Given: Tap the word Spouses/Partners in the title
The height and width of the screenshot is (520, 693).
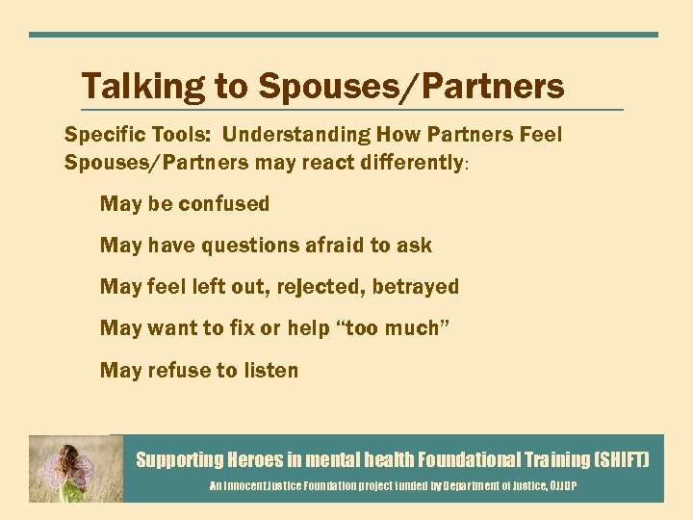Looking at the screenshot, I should point(410,88).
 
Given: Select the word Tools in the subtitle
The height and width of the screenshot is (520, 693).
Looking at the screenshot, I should point(178,135).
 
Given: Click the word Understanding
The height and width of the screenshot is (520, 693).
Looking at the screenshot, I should point(297,135).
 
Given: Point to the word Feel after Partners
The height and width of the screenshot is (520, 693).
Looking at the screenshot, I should point(539,135).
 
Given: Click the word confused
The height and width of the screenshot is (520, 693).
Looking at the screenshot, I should point(225,204).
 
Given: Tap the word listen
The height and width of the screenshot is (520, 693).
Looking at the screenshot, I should point(267,370).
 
